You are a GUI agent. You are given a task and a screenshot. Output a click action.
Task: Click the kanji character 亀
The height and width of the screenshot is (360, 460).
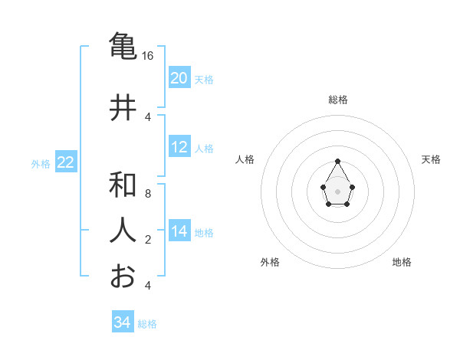123,47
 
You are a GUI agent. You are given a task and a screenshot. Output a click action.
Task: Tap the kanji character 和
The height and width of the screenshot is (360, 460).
123,185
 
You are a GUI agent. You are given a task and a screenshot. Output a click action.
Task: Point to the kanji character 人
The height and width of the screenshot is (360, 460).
123,231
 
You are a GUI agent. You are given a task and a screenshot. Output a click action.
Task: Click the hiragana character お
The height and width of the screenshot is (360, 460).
123,276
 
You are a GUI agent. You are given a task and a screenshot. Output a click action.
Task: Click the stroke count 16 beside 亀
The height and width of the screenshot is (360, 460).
148,56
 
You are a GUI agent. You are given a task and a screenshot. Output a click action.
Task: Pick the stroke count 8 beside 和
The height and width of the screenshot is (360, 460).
148,194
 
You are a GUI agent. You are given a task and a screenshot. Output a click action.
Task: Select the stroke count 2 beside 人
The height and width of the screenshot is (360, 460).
148,240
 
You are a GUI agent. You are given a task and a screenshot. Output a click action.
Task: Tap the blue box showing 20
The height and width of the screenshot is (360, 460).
179,78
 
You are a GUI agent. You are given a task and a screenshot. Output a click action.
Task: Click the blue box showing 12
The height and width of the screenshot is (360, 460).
179,147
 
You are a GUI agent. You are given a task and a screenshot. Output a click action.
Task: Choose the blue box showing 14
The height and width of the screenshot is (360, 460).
179,231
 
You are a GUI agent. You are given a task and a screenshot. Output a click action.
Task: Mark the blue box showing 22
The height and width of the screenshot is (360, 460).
66,162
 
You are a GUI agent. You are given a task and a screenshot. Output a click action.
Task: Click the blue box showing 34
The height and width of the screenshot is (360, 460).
123,322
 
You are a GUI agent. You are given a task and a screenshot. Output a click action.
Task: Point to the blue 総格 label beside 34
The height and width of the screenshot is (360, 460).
147,324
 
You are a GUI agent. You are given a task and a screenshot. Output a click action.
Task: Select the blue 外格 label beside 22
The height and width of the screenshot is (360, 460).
41,163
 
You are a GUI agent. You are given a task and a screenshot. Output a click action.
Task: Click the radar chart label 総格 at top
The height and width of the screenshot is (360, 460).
337,100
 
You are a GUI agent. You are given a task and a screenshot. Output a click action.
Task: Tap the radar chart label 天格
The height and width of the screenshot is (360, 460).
431,159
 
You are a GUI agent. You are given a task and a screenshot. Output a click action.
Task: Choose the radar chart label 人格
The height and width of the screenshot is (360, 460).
245,159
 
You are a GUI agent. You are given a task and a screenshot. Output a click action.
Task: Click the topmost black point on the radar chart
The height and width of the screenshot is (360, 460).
337,161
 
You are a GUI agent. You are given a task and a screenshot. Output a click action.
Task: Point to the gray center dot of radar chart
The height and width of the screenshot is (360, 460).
337,190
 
